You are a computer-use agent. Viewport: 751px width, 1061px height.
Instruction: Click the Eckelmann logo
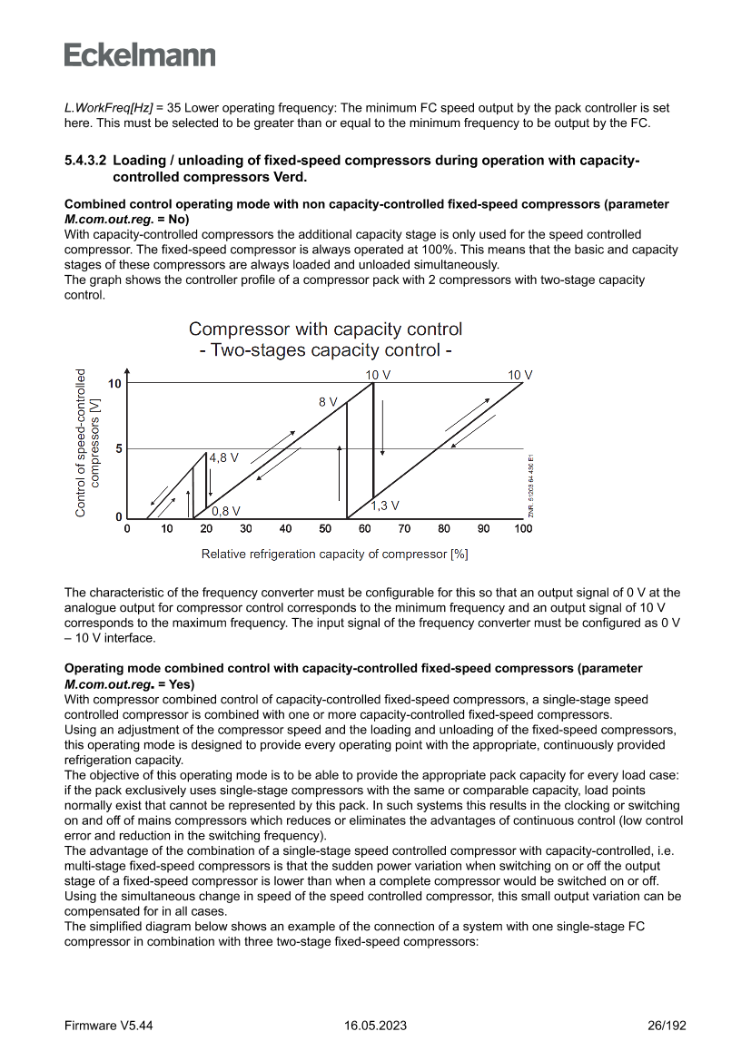[140, 54]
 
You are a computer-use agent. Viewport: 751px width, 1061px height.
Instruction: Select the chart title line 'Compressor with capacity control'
[325, 329]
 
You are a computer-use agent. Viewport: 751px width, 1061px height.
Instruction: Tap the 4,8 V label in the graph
[224, 458]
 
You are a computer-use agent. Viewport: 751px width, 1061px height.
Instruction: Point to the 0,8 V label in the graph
[226, 511]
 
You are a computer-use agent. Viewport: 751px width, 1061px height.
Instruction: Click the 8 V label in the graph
[328, 401]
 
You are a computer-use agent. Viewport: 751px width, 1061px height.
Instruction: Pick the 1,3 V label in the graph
[385, 505]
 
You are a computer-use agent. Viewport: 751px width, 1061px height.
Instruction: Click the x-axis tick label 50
[325, 529]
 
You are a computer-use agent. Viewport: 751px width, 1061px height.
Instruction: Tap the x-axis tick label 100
[523, 529]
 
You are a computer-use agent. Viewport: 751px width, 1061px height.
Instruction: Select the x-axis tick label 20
[206, 529]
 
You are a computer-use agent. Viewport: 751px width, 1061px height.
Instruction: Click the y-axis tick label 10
[114, 384]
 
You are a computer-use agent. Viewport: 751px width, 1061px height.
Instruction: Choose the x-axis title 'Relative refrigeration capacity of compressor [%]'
[334, 554]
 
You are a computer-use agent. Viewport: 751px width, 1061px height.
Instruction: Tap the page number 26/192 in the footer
[667, 1026]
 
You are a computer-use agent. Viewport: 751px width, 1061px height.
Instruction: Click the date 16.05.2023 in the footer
[375, 1026]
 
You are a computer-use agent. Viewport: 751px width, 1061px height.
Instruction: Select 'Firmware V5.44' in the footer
[108, 1026]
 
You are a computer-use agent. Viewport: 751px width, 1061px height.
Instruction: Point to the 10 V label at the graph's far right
[520, 375]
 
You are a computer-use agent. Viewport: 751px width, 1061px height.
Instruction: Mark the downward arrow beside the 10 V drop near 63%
[383, 427]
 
